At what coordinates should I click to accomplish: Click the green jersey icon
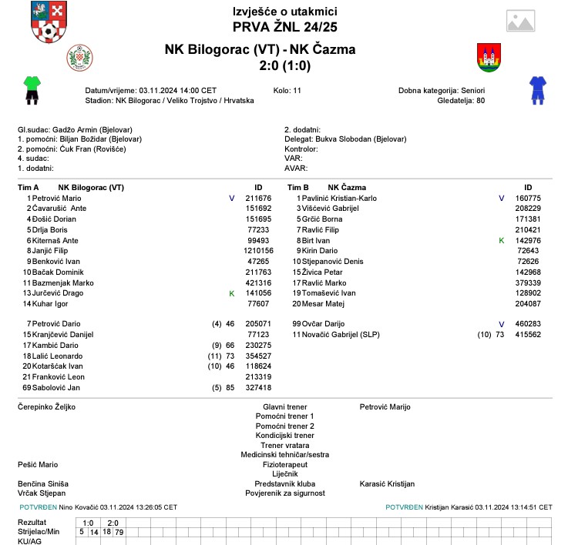point(32,89)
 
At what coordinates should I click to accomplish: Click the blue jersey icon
point(536,89)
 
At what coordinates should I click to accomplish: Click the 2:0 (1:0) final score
point(284,67)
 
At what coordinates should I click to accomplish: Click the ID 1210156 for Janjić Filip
point(258,251)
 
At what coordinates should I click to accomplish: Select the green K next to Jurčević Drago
point(231,293)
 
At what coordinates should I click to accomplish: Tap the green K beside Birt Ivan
point(502,240)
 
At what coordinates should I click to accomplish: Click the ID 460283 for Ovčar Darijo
point(528,324)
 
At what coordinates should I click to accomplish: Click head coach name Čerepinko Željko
point(47,406)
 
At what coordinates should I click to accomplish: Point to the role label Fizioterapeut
point(285,464)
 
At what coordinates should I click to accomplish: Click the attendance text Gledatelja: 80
point(461,100)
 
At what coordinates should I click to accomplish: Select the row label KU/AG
point(32,541)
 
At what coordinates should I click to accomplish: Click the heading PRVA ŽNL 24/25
point(284,27)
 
